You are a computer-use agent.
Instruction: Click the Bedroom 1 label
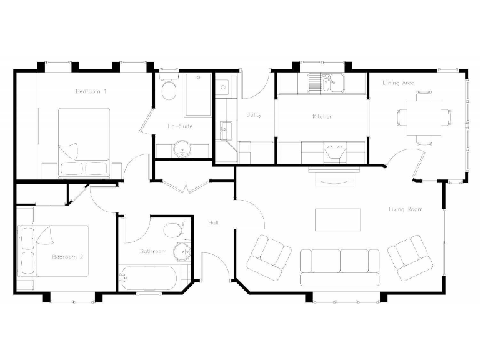tap(91, 91)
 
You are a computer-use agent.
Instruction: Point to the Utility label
tap(254, 115)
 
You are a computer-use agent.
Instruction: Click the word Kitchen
tap(322, 117)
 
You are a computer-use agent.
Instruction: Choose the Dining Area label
tap(399, 82)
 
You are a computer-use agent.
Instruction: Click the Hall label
tap(213, 222)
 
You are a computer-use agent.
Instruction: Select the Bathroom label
tap(153, 252)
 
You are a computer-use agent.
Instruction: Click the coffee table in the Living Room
tap(337, 219)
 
